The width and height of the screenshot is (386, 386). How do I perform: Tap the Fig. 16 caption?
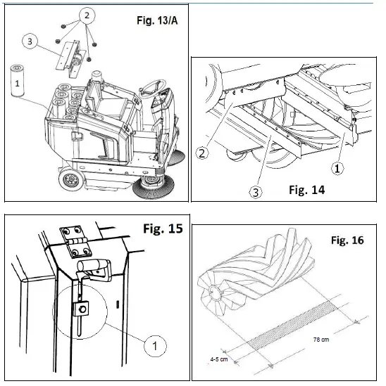(x=347, y=240)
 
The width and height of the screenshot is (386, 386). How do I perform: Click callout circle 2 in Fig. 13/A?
(x=85, y=15)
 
